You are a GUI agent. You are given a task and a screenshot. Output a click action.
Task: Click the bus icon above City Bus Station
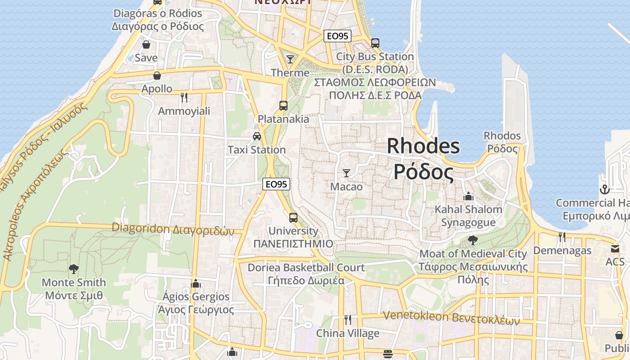(375, 43)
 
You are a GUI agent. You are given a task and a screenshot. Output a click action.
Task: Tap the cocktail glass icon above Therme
(290, 59)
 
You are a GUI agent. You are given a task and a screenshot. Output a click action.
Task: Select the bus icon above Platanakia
(283, 106)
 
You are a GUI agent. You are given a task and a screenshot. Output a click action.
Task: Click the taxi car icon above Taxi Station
(256, 136)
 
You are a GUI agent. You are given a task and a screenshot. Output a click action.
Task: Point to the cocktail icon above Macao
(346, 173)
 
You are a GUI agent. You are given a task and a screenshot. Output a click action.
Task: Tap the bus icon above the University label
(293, 218)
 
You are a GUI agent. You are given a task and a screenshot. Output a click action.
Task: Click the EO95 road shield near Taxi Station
(276, 184)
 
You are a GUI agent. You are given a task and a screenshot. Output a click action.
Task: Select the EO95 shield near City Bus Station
(337, 36)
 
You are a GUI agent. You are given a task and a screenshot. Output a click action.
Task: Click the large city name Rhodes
(423, 146)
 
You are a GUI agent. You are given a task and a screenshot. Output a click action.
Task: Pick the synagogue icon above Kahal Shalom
(468, 197)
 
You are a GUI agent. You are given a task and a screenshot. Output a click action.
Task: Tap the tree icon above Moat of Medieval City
(472, 240)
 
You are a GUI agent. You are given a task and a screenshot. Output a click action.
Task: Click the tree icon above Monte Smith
(73, 269)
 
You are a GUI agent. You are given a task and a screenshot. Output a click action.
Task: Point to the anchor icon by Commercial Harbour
(604, 189)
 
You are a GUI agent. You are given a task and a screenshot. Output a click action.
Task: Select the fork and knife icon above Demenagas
(562, 237)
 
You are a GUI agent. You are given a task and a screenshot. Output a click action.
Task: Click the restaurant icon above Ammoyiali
(184, 97)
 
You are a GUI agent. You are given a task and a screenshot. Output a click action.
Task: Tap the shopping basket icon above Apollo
(157, 76)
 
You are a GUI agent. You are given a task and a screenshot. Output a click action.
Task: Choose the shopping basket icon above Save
(146, 45)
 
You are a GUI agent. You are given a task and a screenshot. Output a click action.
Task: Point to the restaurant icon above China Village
(347, 320)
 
